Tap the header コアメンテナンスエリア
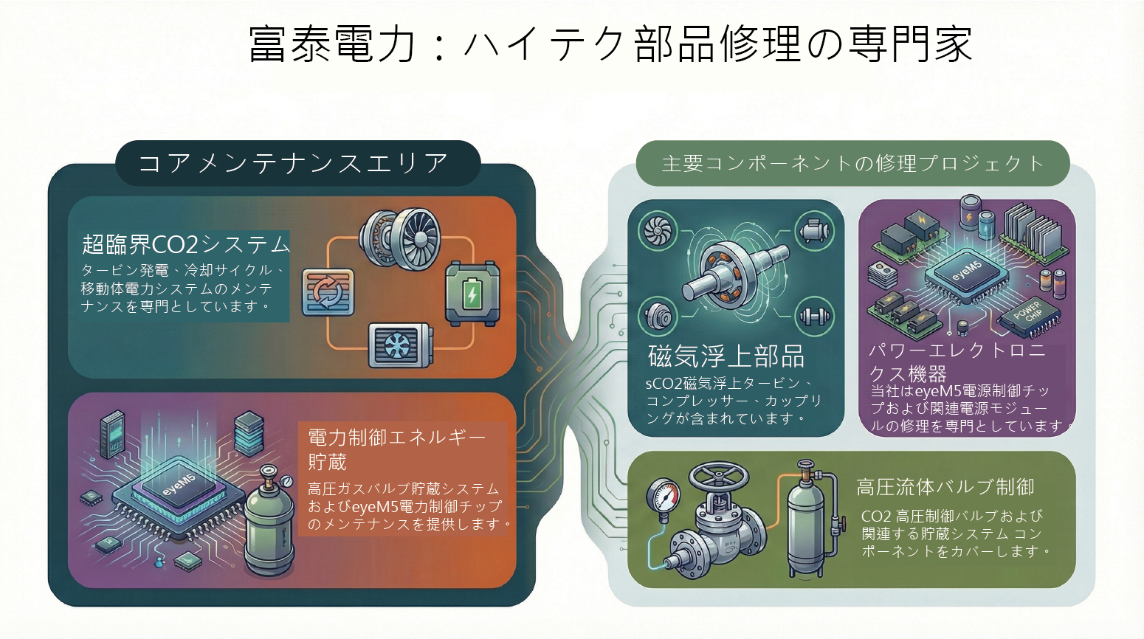click(294, 163)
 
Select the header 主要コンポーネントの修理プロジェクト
click(852, 163)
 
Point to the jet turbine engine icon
click(401, 238)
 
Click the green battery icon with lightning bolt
click(472, 294)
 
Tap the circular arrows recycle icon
click(328, 292)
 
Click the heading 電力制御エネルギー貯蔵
click(396, 449)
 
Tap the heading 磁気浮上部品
click(726, 356)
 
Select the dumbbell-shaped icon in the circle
click(814, 317)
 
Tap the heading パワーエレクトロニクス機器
click(958, 362)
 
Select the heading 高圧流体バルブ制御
click(945, 487)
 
